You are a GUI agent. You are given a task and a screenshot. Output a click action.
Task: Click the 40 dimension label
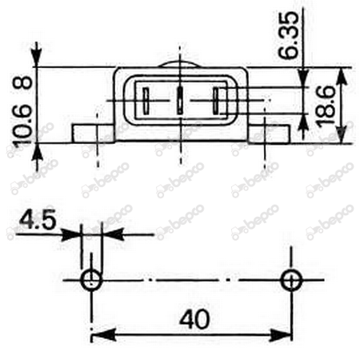click(x=194, y=318)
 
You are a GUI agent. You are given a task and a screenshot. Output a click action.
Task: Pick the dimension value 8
click(x=22, y=82)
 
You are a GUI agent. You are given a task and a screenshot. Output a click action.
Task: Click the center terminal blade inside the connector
click(x=180, y=102)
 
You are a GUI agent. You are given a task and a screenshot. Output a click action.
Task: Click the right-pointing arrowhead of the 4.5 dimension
click(x=74, y=235)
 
